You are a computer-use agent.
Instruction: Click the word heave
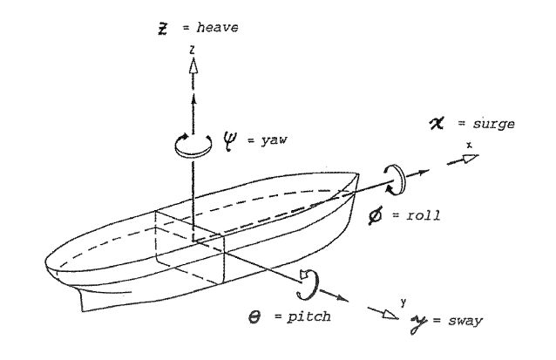pyautogui.click(x=217, y=28)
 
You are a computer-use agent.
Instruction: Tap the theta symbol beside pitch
pyautogui.click(x=256, y=316)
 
